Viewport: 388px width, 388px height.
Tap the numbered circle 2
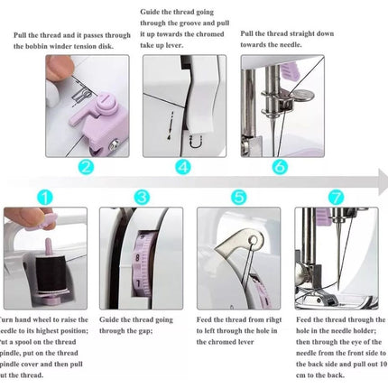click(86, 167)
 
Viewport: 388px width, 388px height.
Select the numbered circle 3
click(142, 195)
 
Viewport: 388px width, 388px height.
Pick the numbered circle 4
click(182, 167)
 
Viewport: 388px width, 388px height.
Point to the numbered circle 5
click(238, 195)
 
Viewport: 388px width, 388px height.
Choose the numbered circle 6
click(279, 167)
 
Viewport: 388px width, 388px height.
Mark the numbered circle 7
click(336, 195)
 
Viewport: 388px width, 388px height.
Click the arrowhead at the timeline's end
click(382, 183)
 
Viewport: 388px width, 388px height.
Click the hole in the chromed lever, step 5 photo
click(256, 239)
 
